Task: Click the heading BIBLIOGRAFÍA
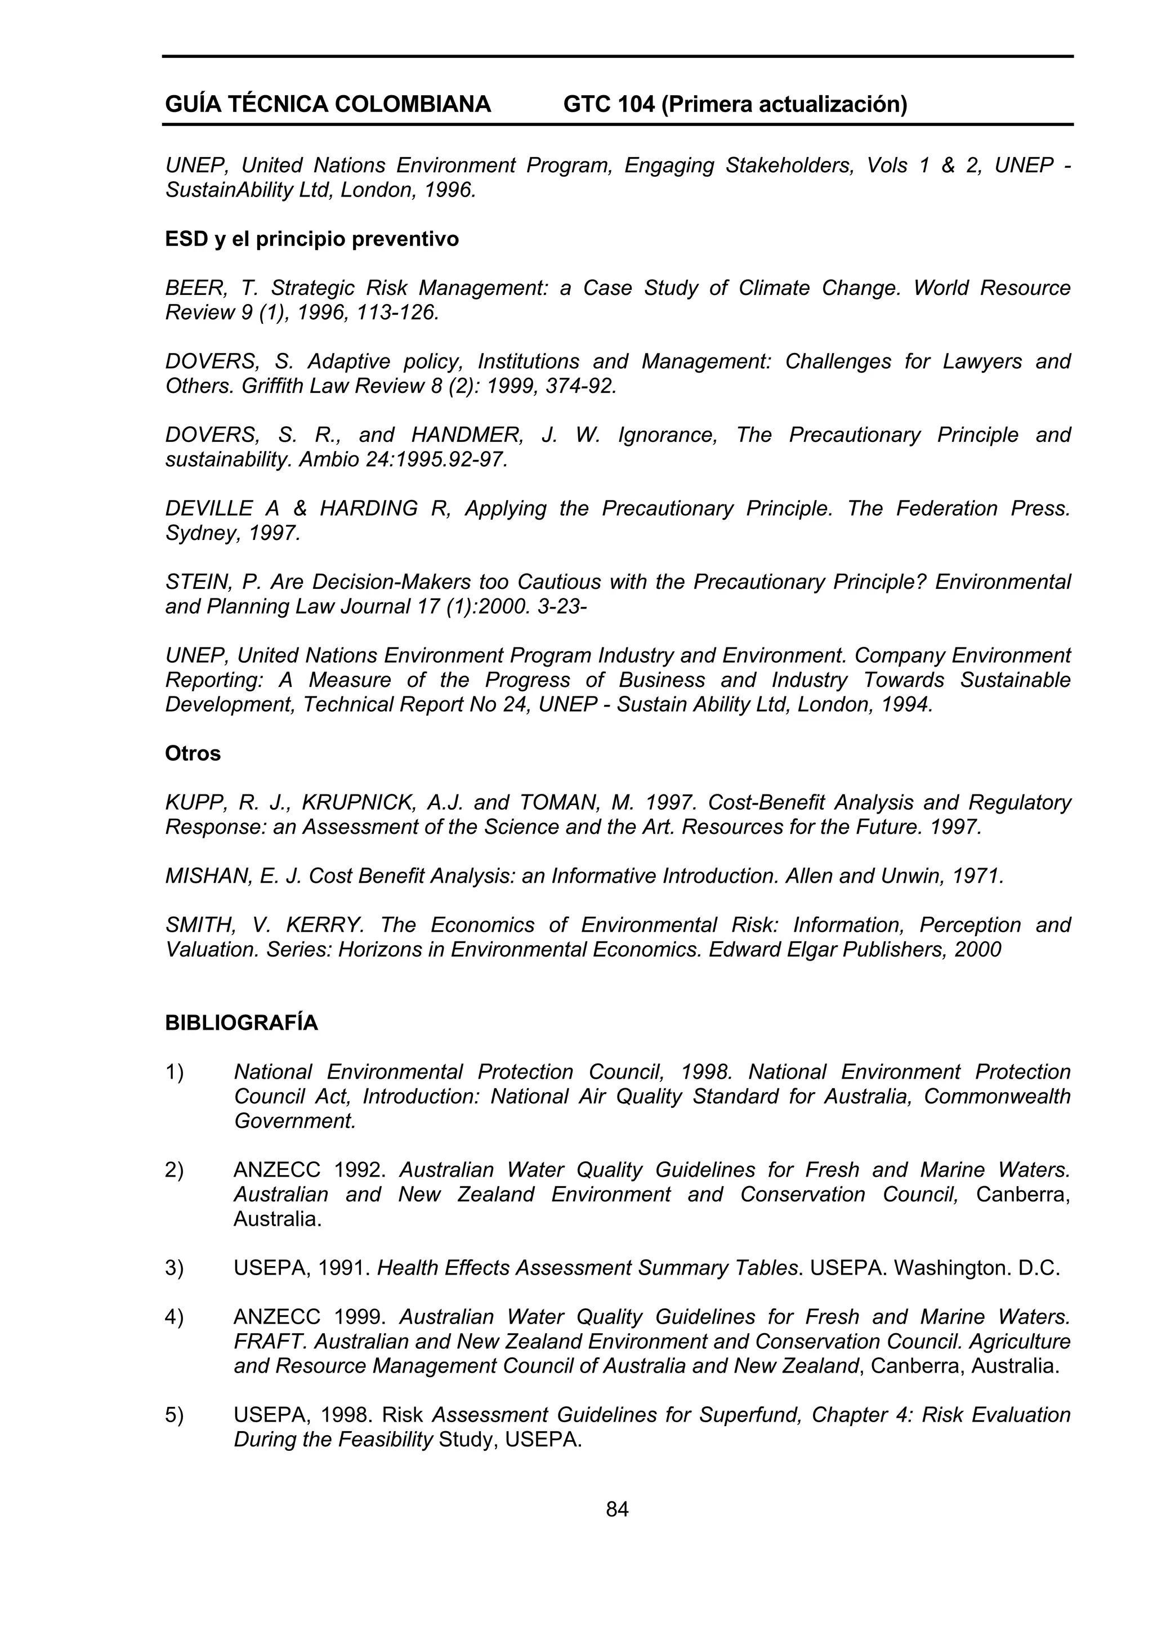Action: click(x=242, y=1023)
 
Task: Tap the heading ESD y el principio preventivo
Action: click(x=312, y=239)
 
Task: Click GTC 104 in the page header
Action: click(x=608, y=104)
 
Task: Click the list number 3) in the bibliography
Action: click(x=174, y=1268)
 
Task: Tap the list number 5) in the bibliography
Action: click(x=174, y=1415)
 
